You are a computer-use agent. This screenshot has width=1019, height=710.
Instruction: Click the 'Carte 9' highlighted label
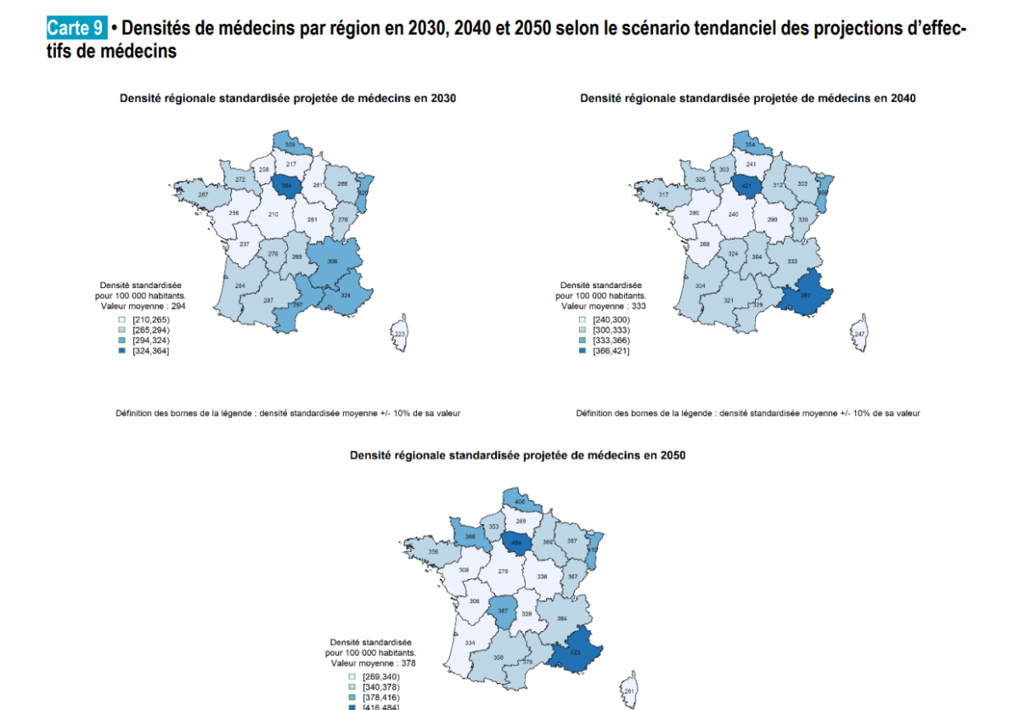coord(76,27)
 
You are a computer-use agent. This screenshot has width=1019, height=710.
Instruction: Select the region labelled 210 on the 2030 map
coord(274,214)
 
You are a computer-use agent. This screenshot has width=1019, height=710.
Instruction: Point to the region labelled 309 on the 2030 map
coord(290,144)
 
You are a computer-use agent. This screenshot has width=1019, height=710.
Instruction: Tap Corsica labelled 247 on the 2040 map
coord(859,334)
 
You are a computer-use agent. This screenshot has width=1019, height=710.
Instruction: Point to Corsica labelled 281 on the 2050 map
coord(629,690)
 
